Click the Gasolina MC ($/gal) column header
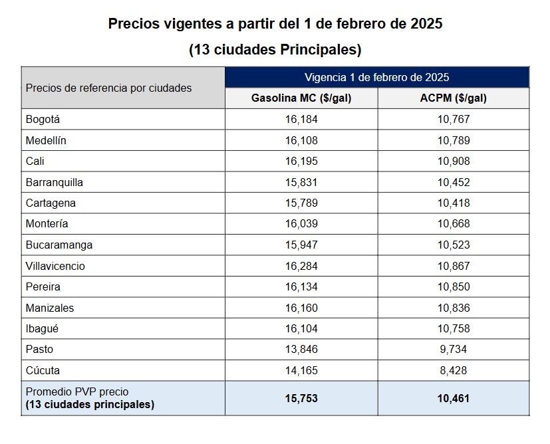(301, 98)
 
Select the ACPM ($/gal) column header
(454, 98)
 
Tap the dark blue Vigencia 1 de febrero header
(376, 77)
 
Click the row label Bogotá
(43, 120)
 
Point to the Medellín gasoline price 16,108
(301, 140)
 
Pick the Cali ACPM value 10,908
(454, 162)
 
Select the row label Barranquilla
(54, 182)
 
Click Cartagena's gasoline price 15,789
(301, 203)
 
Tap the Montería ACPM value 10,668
(454, 223)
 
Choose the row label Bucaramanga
(59, 245)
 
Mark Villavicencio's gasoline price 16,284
(301, 266)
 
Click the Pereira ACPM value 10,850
(454, 286)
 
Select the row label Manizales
(50, 308)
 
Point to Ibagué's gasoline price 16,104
(301, 328)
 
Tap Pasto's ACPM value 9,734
(454, 349)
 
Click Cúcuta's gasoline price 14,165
(301, 370)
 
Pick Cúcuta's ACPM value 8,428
(454, 370)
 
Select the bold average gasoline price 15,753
(301, 398)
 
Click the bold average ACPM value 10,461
(454, 398)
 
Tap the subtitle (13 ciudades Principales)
(275, 50)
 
